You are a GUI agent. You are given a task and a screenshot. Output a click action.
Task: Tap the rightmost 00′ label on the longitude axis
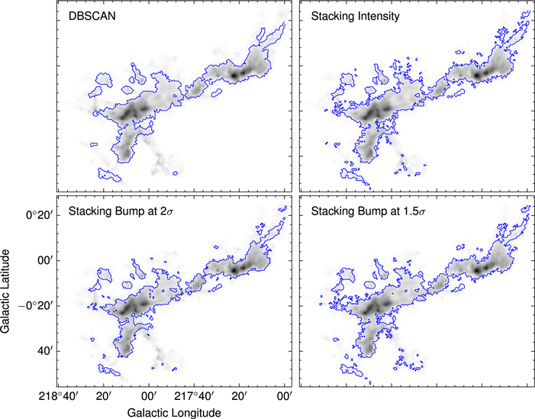tap(285, 395)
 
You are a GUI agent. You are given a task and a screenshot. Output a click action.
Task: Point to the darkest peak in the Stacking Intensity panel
tap(478, 76)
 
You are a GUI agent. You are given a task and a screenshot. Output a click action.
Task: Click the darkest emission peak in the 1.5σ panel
tap(478, 269)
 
